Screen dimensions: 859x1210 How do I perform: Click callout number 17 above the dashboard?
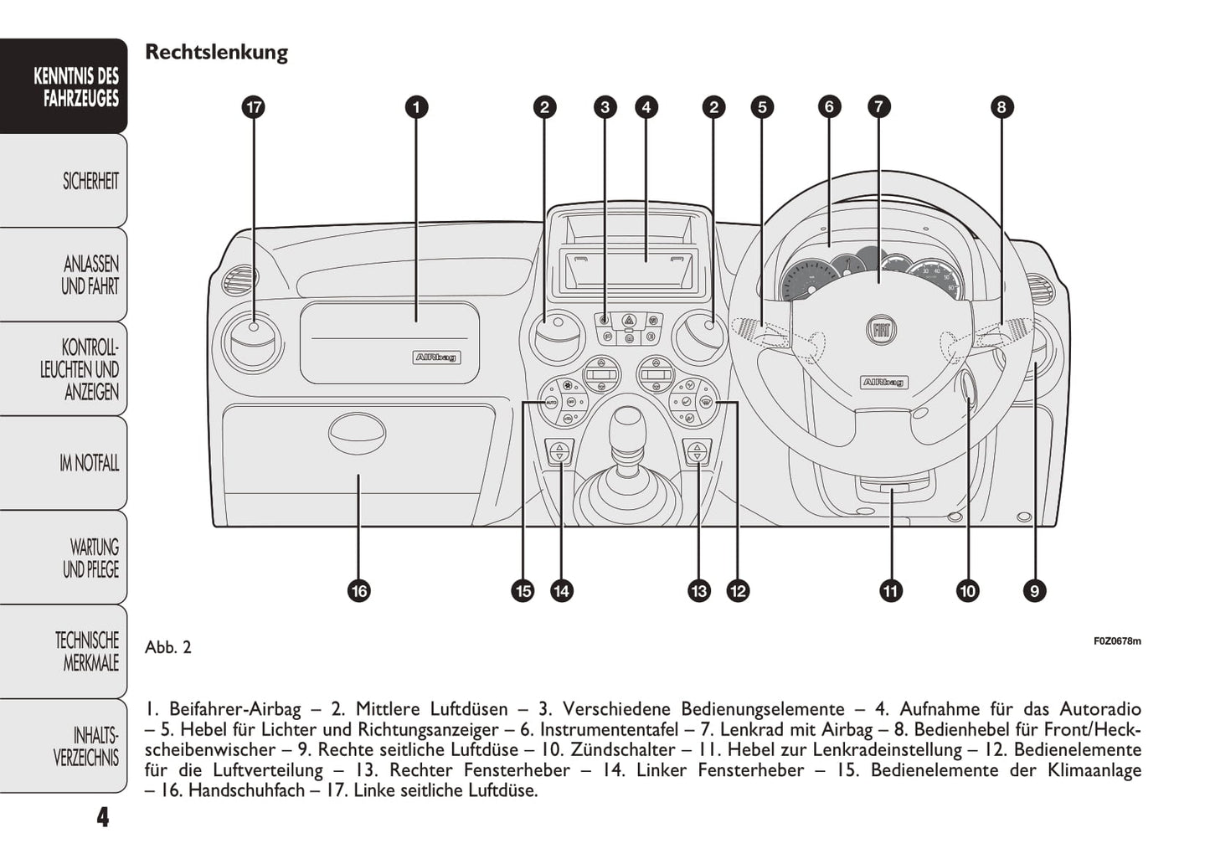coord(253,107)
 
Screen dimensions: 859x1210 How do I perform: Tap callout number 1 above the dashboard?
coord(416,107)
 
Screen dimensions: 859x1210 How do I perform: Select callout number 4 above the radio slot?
coord(646,107)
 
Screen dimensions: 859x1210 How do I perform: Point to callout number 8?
coord(1001,107)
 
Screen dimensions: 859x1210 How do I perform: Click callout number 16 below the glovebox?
coord(359,591)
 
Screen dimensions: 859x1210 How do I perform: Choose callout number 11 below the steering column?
coord(890,591)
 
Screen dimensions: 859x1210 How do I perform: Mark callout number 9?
coord(1034,591)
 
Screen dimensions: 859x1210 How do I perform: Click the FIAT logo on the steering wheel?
coord(880,329)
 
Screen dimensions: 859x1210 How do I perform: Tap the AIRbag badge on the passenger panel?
coord(436,357)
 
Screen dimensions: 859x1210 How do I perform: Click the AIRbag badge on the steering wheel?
coord(884,383)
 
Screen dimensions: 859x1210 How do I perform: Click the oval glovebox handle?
coord(356,432)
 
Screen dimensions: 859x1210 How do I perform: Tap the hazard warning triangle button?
coord(628,319)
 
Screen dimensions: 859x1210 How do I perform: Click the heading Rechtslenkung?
coord(216,52)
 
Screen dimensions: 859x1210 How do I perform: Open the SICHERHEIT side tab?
coord(90,181)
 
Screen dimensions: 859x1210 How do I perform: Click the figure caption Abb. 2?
coord(168,647)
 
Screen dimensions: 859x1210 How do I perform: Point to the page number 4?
coord(102,817)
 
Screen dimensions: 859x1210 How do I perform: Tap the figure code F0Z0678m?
coord(1117,641)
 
